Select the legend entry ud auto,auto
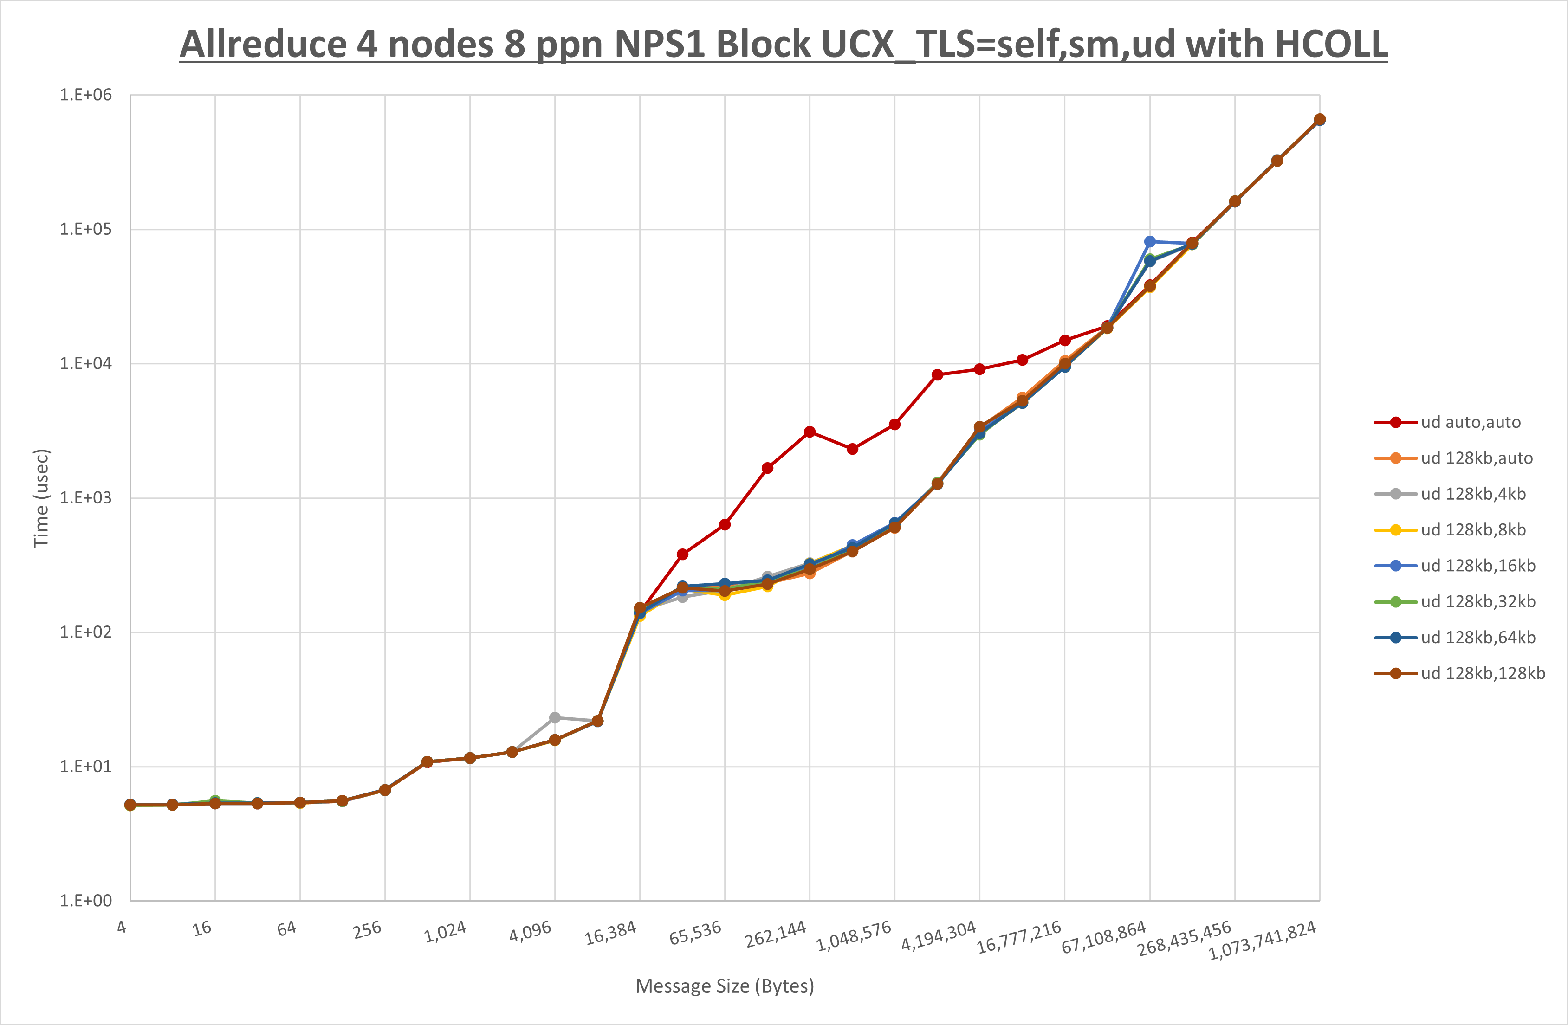pos(1471,422)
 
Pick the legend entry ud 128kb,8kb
pos(1473,529)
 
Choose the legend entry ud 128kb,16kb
pos(1478,566)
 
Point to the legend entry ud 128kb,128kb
pos(1482,673)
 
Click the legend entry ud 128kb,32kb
pos(1478,601)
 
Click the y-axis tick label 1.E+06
pos(86,95)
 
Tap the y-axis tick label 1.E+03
pos(86,498)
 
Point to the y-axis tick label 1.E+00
pos(86,901)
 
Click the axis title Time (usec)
pos(41,498)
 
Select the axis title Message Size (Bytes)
pos(725,986)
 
